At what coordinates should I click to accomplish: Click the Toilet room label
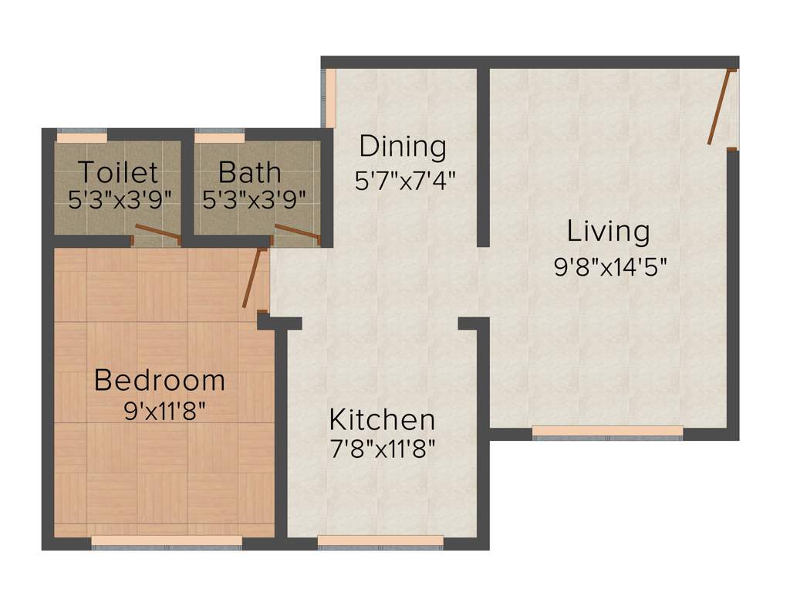tap(118, 171)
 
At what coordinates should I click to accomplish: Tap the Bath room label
tap(249, 171)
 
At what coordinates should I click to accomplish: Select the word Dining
tap(403, 145)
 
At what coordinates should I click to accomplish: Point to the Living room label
tap(609, 231)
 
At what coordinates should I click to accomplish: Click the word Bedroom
tap(160, 380)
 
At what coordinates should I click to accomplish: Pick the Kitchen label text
tap(382, 420)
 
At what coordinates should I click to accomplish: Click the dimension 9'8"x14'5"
tap(610, 267)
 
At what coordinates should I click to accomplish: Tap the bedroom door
tap(253, 278)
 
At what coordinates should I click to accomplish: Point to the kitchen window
tap(380, 541)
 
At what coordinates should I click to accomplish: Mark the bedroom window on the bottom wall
tap(167, 541)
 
